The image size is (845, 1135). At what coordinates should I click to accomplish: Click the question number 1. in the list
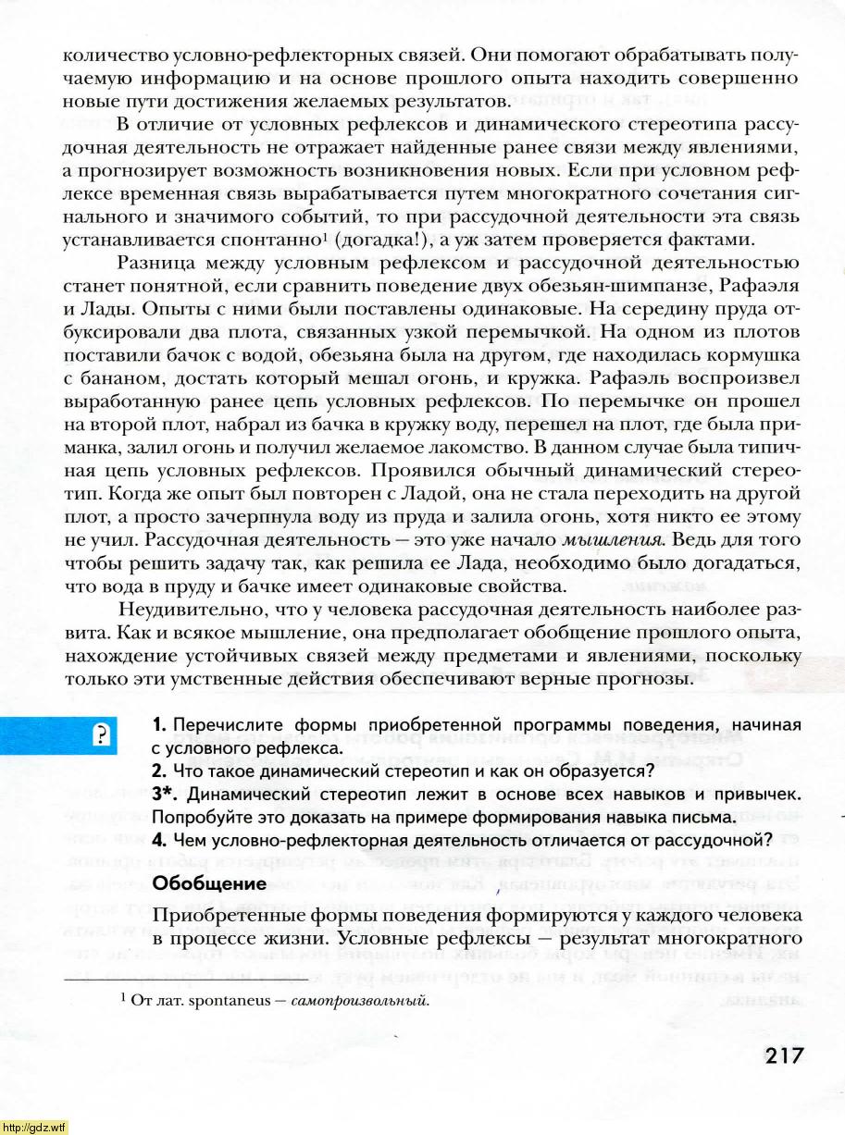pos(158,723)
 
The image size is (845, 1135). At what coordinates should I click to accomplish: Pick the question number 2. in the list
pos(159,770)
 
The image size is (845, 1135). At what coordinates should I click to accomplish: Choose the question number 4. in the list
pos(159,840)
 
